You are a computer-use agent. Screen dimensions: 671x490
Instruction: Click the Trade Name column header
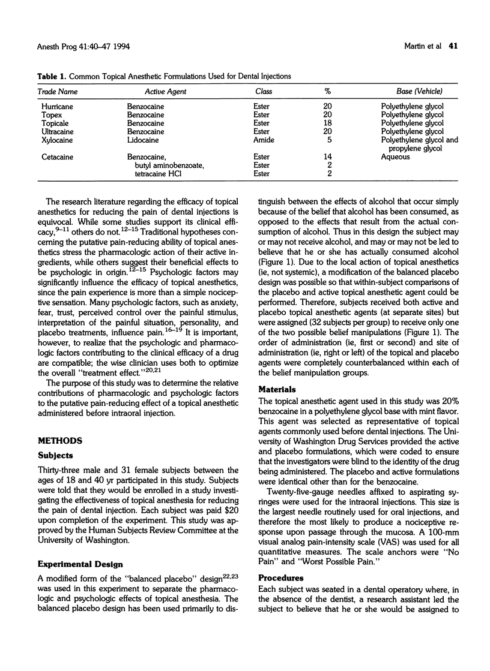coord(58,92)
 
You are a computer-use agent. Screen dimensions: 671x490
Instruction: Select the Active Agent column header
coord(166,92)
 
